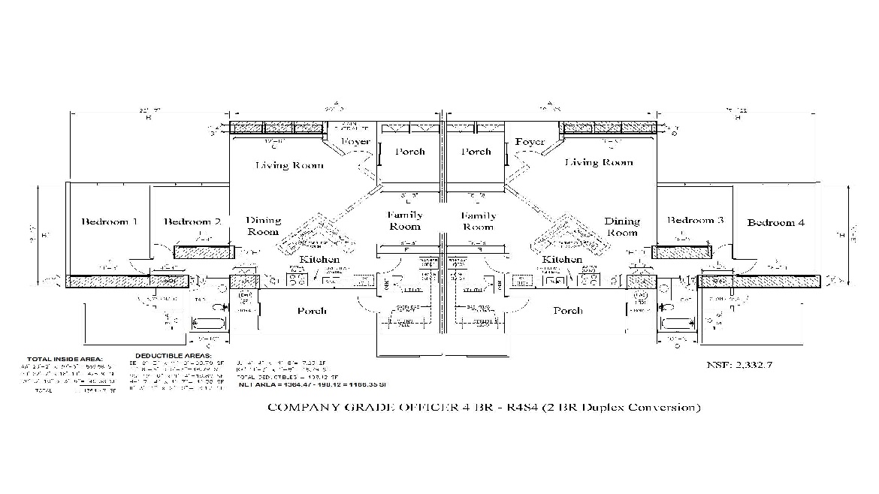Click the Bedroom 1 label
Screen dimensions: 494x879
pyautogui.click(x=110, y=221)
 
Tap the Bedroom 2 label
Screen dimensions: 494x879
pyautogui.click(x=192, y=221)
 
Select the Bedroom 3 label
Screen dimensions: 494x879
pyautogui.click(x=696, y=220)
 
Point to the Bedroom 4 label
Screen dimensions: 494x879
pyautogui.click(x=776, y=223)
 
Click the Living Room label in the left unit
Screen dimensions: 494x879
pyautogui.click(x=289, y=165)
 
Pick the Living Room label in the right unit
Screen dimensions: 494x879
pyautogui.click(x=599, y=162)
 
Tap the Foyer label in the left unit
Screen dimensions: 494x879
pyautogui.click(x=356, y=141)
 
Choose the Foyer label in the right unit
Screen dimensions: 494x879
pyautogui.click(x=530, y=142)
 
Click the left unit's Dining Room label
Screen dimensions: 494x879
pyautogui.click(x=264, y=226)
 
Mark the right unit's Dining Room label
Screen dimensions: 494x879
pyautogui.click(x=622, y=226)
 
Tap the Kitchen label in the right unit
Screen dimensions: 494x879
pyautogui.click(x=563, y=259)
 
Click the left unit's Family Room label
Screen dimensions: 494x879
pyautogui.click(x=405, y=221)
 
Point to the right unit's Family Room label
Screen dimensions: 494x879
pyautogui.click(x=478, y=221)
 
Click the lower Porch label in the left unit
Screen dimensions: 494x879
pyautogui.click(x=311, y=311)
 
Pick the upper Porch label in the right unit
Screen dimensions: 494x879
pyautogui.click(x=476, y=152)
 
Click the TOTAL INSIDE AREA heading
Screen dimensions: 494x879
pyautogui.click(x=65, y=360)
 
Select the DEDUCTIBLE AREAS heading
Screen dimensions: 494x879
pyautogui.click(x=174, y=355)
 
